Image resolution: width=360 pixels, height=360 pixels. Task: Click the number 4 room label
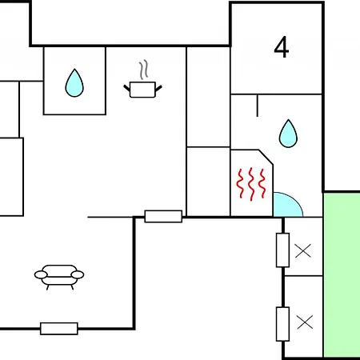[x=282, y=47]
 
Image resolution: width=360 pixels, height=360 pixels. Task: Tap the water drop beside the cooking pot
[x=74, y=83]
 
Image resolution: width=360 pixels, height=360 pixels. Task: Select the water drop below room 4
[x=288, y=134]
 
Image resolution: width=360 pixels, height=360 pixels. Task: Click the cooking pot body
[x=142, y=90]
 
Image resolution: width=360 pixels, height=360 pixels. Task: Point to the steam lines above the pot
[x=143, y=70]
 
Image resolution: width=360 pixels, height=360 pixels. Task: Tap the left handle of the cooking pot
[x=126, y=88]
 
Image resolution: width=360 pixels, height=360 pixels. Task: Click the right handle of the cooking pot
[x=158, y=88]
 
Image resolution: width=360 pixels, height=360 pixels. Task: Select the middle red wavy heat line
[x=251, y=184]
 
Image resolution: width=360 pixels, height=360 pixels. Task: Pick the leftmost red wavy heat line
[x=240, y=183]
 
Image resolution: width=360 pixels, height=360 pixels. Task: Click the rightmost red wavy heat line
[x=262, y=183]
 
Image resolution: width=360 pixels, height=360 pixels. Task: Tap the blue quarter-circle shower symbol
[x=286, y=206]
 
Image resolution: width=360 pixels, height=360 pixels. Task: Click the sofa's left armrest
[x=41, y=274]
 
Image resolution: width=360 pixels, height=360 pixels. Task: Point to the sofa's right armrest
[x=78, y=274]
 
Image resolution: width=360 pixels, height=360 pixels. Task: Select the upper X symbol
[x=303, y=250]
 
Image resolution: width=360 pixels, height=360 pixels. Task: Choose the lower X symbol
[x=305, y=322]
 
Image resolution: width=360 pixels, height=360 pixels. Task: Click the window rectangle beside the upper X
[x=282, y=250]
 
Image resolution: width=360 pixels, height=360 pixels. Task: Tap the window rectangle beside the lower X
[x=282, y=324]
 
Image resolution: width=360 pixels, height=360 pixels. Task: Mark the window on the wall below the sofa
[x=59, y=329]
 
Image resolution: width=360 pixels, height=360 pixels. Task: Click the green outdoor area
[x=342, y=274]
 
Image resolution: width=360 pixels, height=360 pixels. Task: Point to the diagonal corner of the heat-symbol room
[x=266, y=157]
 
